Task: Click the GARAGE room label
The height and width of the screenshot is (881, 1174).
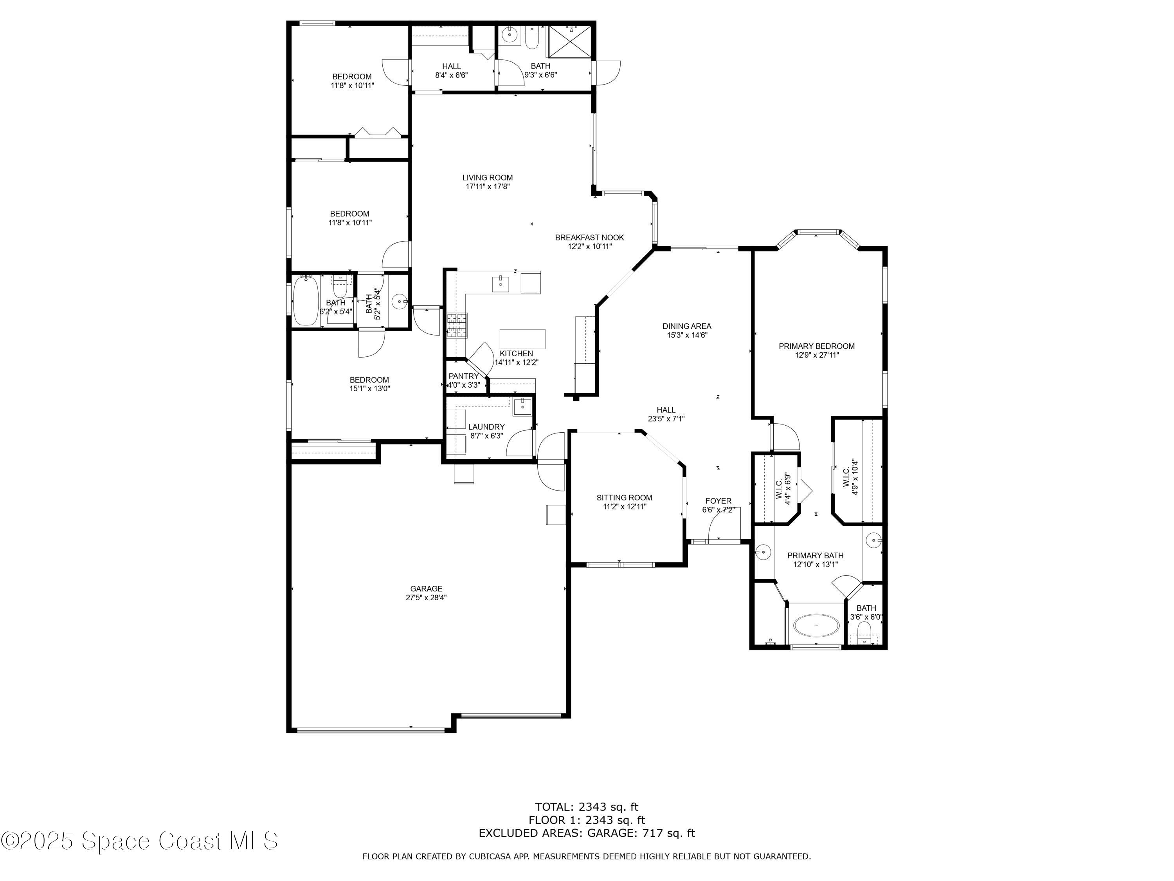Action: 426,589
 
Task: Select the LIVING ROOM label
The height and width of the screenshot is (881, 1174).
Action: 487,177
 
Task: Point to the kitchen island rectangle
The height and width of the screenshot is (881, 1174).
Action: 522,339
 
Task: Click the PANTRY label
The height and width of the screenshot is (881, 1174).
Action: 463,376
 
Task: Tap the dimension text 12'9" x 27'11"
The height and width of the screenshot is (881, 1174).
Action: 816,355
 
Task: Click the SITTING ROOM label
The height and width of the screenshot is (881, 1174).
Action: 624,498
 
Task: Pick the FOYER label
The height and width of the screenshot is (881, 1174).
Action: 718,501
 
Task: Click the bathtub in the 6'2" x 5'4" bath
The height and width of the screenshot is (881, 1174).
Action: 305,301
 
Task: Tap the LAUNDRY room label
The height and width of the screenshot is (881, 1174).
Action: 486,427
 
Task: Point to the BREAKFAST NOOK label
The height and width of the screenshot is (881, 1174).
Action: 589,237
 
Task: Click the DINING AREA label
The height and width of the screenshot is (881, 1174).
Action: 687,326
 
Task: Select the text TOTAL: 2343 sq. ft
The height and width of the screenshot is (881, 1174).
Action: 587,807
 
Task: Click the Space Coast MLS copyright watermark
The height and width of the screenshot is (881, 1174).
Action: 139,841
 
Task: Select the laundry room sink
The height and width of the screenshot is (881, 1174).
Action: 522,407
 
